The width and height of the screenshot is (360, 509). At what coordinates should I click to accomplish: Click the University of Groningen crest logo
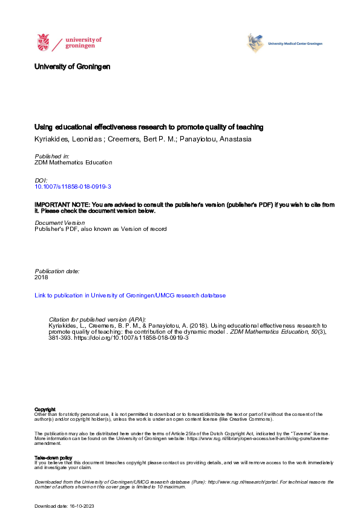tap(44, 43)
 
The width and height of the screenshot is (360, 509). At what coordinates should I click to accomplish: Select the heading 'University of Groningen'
tap(73, 66)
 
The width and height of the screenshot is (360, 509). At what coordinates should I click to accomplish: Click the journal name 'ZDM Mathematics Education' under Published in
tap(73, 163)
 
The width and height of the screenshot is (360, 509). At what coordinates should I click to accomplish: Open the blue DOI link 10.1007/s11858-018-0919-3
tap(73, 187)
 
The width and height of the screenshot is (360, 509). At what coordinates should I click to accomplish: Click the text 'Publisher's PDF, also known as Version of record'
tap(100, 229)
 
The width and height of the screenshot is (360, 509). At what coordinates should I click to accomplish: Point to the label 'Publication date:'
tap(57, 271)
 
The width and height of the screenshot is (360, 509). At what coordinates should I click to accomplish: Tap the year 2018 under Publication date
tap(41, 277)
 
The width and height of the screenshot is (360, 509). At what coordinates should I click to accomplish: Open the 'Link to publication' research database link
tap(130, 296)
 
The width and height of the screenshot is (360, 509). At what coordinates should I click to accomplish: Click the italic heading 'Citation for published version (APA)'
tap(97, 319)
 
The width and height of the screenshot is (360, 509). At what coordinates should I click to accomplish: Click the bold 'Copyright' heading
tap(45, 409)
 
